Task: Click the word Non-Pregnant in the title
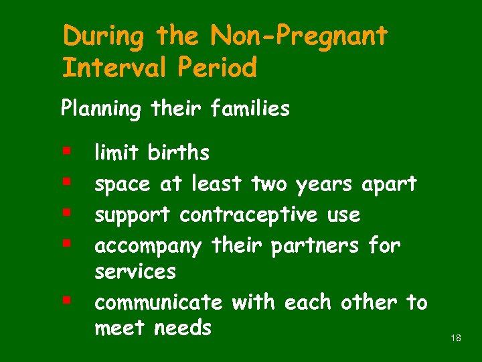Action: (x=299, y=36)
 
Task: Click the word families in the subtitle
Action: (x=250, y=109)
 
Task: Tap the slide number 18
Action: (x=456, y=339)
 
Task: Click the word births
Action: (x=178, y=154)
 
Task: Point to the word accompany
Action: (x=148, y=247)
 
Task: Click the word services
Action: (x=135, y=272)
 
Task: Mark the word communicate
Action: (x=159, y=303)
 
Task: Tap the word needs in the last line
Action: (x=183, y=328)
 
